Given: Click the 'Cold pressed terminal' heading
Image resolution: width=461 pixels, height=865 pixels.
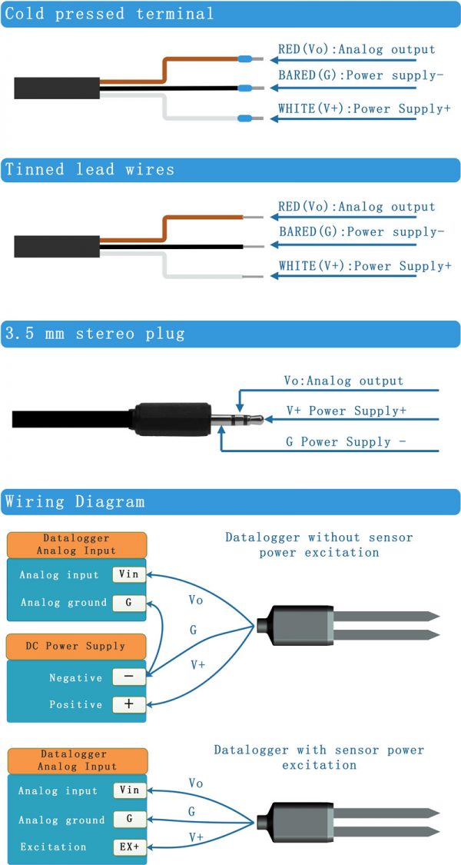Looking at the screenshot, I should tap(110, 14).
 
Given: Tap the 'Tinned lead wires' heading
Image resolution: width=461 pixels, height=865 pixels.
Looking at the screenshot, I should tap(90, 170).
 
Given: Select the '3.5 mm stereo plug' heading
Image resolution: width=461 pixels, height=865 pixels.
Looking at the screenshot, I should tap(95, 334).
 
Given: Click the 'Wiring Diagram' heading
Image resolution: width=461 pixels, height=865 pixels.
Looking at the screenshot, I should tap(75, 502).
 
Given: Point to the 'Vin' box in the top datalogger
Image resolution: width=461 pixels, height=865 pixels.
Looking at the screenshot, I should tap(128, 574).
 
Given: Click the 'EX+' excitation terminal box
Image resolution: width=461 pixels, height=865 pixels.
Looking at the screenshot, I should tap(128, 847).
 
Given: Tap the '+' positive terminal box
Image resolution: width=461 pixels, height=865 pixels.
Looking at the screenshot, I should tap(128, 704).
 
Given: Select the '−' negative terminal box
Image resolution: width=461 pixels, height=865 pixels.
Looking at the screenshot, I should tap(128, 677).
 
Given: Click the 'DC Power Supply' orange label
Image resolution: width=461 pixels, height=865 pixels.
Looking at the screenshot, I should tap(76, 646).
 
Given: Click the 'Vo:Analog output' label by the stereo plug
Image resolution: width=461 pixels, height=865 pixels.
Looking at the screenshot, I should tap(343, 381).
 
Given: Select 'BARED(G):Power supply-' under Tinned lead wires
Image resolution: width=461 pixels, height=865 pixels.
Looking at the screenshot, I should tap(361, 231).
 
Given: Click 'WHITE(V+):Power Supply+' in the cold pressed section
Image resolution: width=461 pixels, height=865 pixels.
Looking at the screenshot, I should tap(364, 109).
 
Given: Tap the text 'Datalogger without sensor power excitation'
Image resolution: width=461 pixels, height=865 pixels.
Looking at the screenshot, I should tap(319, 544).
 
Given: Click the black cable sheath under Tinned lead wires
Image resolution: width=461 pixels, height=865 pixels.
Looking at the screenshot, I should tap(56, 246).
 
